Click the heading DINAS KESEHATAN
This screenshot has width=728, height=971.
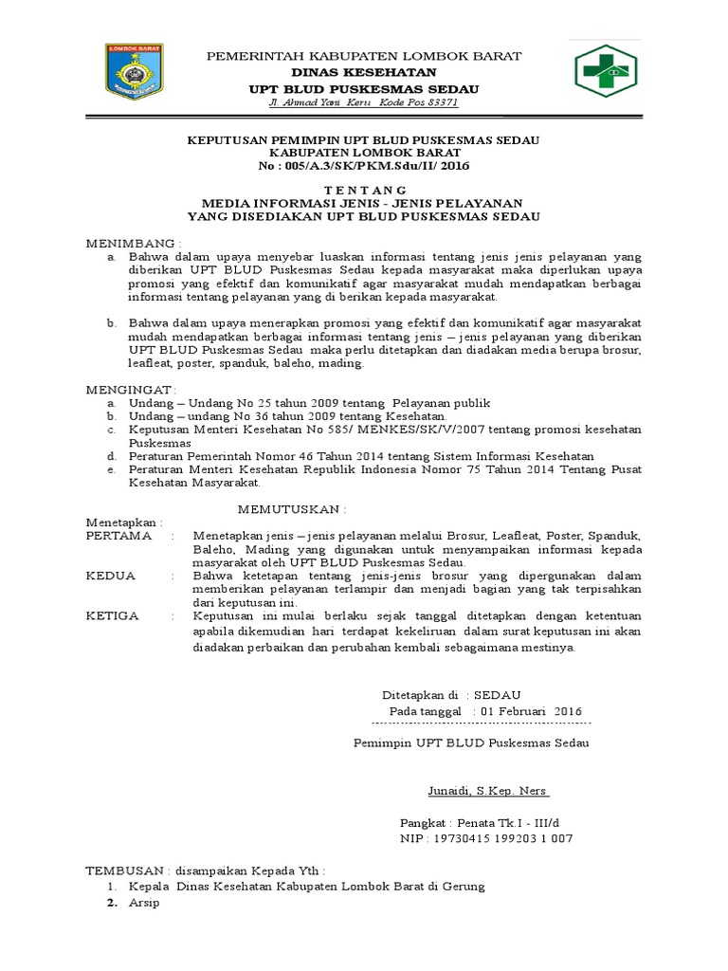[x=364, y=72]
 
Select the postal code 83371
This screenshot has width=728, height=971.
[x=414, y=101]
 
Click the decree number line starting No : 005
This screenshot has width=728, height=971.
[x=364, y=166]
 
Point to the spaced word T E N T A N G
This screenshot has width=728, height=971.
[x=364, y=191]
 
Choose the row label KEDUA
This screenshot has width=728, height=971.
[x=110, y=576]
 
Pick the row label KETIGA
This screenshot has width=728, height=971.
[x=112, y=615]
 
